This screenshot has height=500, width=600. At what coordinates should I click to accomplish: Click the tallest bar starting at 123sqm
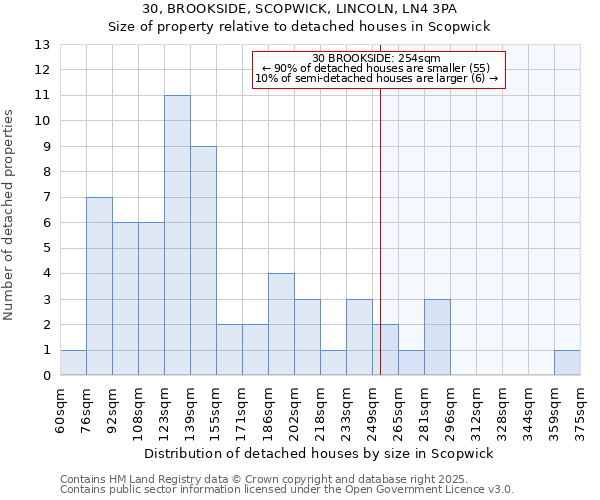(177, 236)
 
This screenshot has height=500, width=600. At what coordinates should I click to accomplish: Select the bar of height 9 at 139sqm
(203, 261)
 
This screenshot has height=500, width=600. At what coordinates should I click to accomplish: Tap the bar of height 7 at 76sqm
(99, 287)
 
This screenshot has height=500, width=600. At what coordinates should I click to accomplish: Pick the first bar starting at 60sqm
(73, 363)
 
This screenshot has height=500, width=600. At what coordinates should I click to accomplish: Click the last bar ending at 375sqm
(567, 363)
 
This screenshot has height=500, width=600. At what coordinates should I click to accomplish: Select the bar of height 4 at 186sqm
(281, 325)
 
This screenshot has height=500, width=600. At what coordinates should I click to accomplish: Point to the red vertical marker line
(381, 230)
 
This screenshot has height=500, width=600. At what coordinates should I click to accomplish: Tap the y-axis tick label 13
(42, 45)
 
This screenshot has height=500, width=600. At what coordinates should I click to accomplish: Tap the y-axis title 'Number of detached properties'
(10, 216)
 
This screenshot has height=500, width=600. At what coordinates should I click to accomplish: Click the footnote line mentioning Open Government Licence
(287, 489)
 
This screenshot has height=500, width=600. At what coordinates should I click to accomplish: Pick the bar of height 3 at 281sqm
(437, 338)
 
